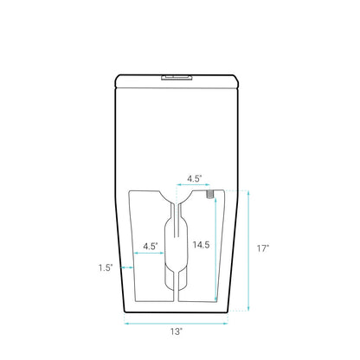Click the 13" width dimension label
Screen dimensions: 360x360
pos(177,331)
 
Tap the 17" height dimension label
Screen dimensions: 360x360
pos(263,248)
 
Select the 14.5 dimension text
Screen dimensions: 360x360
pos(201,245)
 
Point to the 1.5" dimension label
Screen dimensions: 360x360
pos(106,267)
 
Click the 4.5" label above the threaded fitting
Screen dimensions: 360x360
pos(195,178)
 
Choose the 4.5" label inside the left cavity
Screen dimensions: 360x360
pos(151,247)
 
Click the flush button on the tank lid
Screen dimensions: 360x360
pos(177,77)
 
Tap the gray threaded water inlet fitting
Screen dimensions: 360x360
pos(210,194)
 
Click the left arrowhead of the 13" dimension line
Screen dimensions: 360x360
pos(126,324)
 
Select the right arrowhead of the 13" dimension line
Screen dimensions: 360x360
pos(226,324)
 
